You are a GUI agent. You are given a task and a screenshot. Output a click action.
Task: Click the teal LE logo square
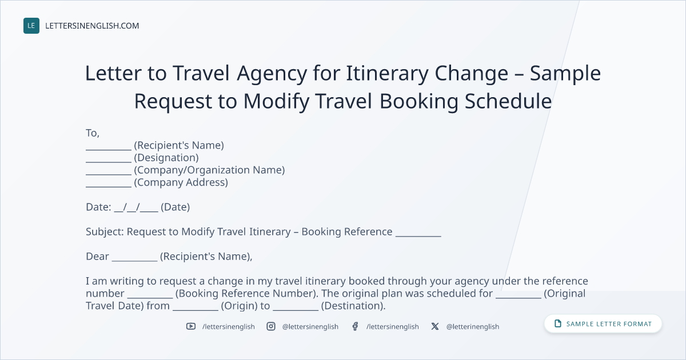click(31, 26)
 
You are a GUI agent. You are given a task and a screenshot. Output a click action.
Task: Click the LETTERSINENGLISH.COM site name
click(92, 26)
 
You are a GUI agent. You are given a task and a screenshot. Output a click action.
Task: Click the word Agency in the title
click(272, 74)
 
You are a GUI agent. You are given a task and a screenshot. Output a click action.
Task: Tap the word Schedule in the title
click(508, 101)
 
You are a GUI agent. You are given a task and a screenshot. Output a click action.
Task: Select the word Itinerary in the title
click(387, 74)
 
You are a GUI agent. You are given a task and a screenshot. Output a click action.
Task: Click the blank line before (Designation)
click(109, 162)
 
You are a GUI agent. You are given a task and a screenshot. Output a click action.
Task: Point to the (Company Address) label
click(181, 182)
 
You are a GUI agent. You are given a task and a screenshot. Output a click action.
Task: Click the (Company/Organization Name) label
click(209, 170)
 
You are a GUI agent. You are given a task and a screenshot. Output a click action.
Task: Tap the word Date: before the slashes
click(98, 207)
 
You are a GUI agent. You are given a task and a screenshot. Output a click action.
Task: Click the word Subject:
click(105, 232)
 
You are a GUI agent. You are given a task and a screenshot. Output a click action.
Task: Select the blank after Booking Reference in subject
click(418, 235)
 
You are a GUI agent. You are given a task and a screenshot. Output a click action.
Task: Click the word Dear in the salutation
click(97, 256)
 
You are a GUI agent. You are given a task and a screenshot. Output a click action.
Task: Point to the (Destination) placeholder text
click(353, 306)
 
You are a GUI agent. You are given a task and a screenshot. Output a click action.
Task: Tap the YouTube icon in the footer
click(191, 326)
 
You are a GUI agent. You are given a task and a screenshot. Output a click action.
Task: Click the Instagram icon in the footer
click(271, 326)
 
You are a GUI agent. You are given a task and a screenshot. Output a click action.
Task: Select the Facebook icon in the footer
click(355, 326)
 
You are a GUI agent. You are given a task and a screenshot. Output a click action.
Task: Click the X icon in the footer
click(435, 326)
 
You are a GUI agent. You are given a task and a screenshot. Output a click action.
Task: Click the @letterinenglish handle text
click(473, 327)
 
